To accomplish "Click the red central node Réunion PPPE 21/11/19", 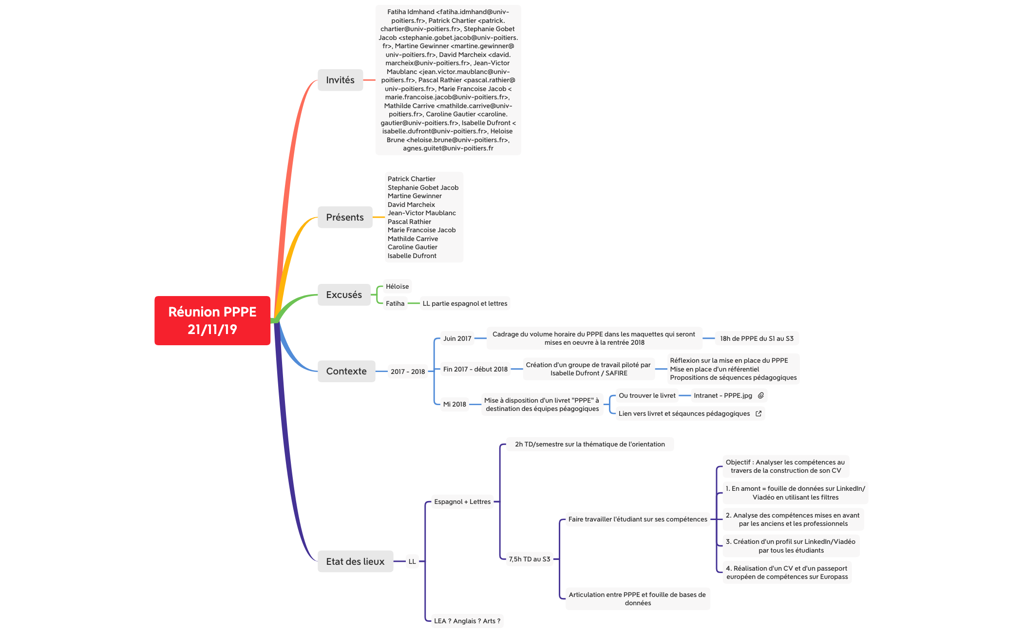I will click(212, 320).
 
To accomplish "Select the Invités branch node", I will click(340, 80).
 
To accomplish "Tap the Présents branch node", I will click(344, 217).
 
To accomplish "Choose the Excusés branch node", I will click(343, 295).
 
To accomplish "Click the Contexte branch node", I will click(346, 371).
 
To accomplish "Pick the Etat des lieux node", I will click(355, 561).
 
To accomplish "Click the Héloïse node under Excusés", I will click(397, 286).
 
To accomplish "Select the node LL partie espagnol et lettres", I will click(465, 303).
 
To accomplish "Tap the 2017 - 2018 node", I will click(407, 372).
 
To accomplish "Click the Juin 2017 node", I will click(457, 338).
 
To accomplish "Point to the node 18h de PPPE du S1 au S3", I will click(757, 338).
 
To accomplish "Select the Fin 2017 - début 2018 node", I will click(475, 369).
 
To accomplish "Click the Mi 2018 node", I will click(454, 404).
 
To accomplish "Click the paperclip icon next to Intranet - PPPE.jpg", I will click(761, 395).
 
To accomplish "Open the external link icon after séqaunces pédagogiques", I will click(758, 413).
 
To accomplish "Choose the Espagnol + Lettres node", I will click(462, 502).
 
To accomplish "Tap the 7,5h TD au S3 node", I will click(529, 559).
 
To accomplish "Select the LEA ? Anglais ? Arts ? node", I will click(467, 621).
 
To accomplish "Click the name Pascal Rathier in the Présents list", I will click(409, 222).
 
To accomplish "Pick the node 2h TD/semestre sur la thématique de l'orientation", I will click(589, 444).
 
